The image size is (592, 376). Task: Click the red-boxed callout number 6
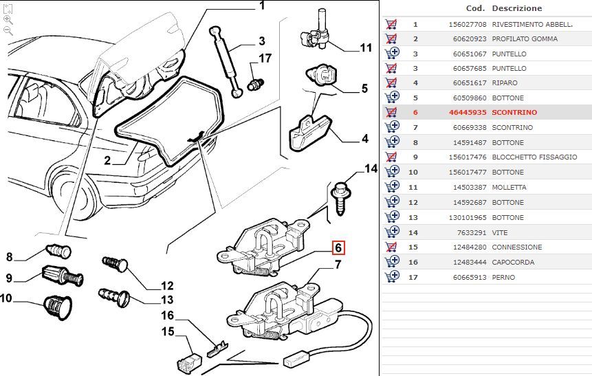[338, 249]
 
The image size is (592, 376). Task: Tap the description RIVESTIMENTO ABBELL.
[532, 24]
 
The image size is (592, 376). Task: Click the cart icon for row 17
[392, 277]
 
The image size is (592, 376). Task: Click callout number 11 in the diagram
[366, 48]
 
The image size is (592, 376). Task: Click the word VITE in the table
[499, 232]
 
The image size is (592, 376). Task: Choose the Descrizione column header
[516, 8]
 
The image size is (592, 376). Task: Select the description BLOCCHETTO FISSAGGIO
[534, 157]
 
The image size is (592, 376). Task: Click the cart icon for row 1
[392, 24]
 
